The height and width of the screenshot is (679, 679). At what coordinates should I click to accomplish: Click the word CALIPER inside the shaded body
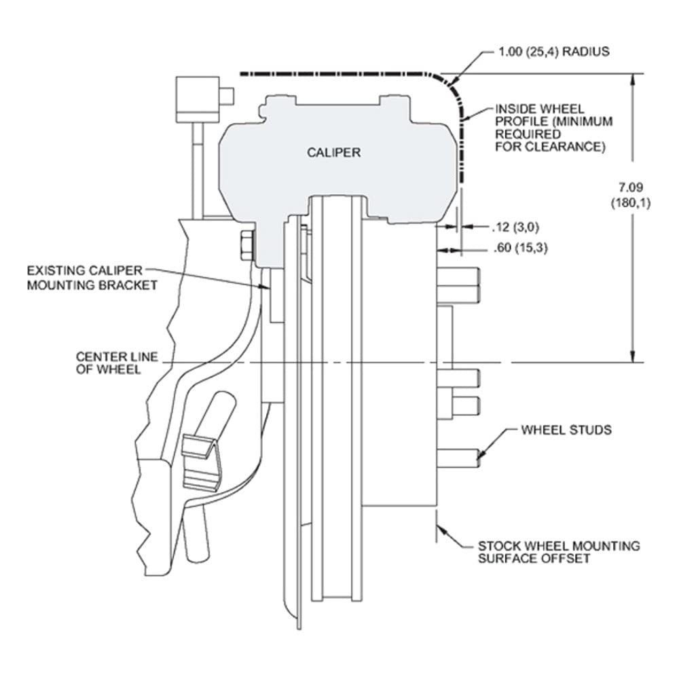333,152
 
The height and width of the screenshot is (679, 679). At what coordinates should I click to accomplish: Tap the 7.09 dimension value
630,187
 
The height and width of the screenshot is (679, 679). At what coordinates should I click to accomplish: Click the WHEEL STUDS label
566,430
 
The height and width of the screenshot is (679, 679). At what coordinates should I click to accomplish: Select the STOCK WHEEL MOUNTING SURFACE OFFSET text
559,552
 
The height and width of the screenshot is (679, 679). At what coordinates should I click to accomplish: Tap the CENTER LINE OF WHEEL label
117,363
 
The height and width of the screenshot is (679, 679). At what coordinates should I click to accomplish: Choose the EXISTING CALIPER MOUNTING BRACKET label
92,278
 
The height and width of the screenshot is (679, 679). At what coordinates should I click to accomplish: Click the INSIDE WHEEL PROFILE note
554,128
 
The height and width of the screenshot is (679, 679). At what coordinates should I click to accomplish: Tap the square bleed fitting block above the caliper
198,99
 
